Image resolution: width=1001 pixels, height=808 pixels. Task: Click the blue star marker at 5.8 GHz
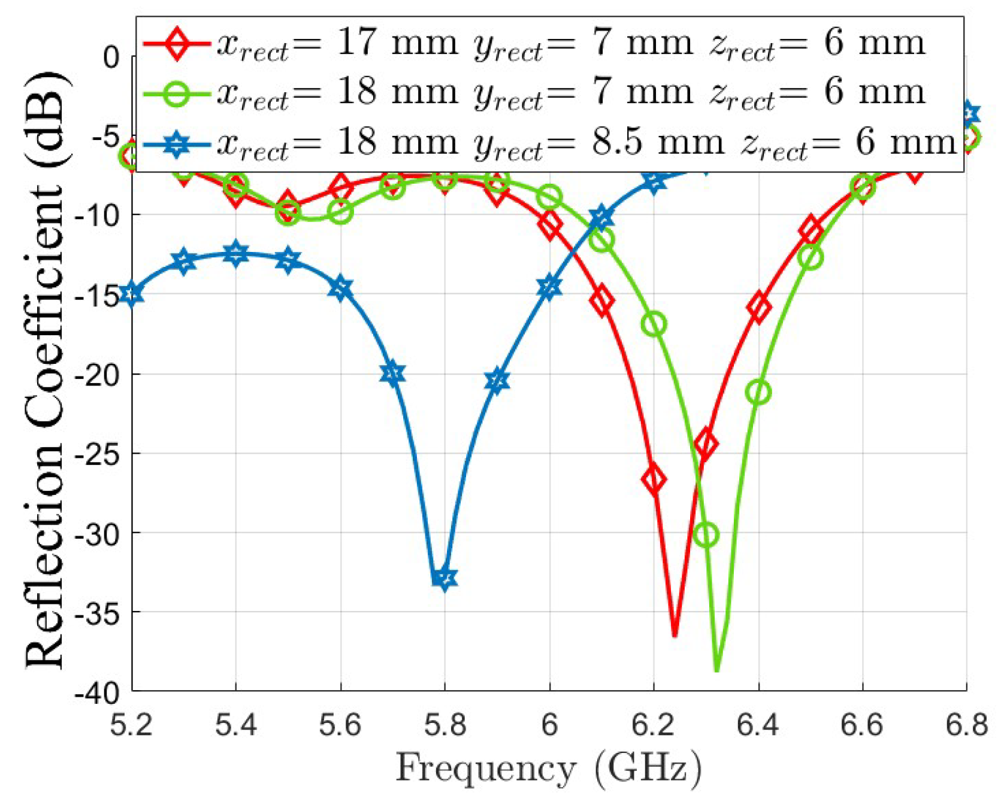(444, 578)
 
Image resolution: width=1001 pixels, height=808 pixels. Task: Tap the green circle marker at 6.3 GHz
(707, 534)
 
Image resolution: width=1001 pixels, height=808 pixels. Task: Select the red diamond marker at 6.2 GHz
(654, 479)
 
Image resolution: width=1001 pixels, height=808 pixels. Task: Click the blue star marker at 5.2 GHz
(132, 294)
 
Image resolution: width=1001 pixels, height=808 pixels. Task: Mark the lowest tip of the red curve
(675, 636)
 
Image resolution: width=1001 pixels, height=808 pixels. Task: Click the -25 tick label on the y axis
(96, 454)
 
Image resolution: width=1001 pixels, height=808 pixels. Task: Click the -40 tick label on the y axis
(96, 692)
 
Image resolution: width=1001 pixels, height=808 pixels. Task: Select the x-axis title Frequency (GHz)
(548, 768)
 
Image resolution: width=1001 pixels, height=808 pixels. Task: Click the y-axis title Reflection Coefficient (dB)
(45, 371)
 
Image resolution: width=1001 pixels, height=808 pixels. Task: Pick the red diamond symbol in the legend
(177, 44)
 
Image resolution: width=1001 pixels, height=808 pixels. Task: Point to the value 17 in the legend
(356, 43)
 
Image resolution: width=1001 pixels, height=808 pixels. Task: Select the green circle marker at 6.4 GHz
(758, 393)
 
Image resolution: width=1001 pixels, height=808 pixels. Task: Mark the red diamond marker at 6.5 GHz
(811, 229)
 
